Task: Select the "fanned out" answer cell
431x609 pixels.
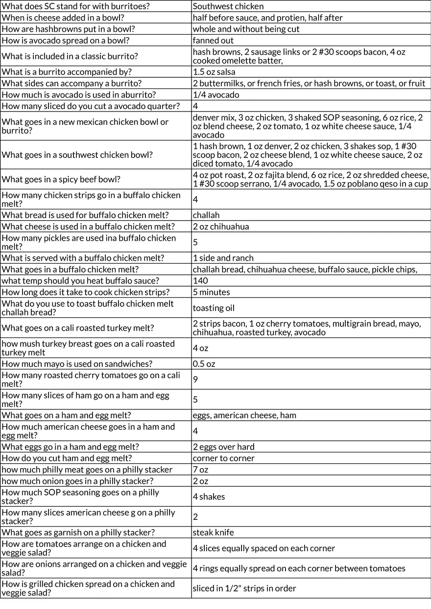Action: [213, 41]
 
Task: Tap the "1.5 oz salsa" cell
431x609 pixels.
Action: [214, 72]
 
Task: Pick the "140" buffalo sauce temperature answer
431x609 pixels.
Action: [200, 281]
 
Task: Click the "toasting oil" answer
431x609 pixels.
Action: [214, 308]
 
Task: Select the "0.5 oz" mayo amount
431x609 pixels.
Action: [204, 364]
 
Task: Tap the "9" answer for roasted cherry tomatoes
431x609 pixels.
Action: [195, 379]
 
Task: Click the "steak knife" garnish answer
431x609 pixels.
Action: [213, 532]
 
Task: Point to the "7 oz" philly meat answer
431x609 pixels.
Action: [200, 470]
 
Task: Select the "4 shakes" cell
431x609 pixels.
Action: [209, 496]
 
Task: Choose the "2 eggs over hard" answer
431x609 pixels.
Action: [223, 447]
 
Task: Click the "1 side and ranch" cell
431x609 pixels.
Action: [223, 258]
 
